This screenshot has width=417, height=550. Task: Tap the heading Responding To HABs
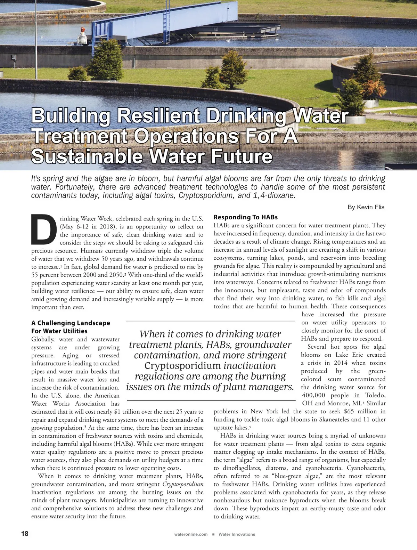pos(245,217)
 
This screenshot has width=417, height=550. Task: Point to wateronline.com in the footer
pos(191,534)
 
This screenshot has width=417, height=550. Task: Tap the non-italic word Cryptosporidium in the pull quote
pos(182,366)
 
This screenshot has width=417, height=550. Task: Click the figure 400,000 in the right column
pos(313,395)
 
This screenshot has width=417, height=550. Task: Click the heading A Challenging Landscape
pos(71,323)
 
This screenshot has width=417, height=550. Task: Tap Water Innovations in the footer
pos(237,534)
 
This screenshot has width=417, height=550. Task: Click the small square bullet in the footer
pos(213,534)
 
